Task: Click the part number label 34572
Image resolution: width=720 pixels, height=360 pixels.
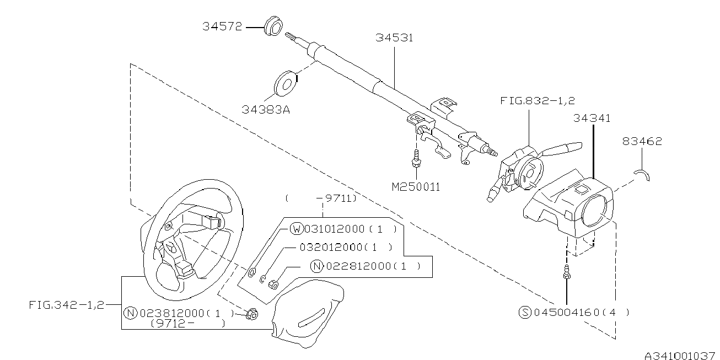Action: coord(222,26)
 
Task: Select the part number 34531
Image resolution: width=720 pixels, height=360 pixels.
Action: coord(394,37)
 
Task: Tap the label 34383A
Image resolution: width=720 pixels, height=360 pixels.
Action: coord(266,109)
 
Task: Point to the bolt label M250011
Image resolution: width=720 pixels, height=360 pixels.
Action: coord(416,187)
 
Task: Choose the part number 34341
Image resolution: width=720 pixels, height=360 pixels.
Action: coord(592,118)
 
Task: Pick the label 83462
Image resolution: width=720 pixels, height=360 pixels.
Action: coord(642,142)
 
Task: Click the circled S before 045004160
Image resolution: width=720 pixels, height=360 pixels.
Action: coord(525,313)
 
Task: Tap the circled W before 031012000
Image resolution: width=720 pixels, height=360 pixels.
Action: coord(297,229)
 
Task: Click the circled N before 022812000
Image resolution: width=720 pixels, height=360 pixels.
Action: coord(316,266)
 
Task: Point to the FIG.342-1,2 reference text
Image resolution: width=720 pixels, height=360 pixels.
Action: coord(66,304)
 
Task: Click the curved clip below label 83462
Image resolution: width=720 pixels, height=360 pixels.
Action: coord(642,174)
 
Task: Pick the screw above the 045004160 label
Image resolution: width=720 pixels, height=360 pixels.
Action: coord(566,272)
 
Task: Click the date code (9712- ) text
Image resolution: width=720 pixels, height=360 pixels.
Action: coord(187,324)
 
